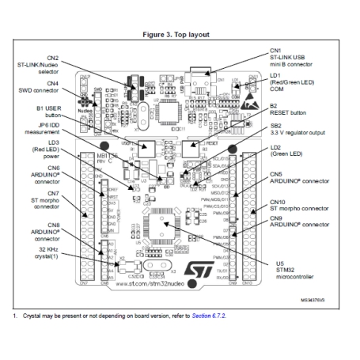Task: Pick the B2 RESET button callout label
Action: pos(295,108)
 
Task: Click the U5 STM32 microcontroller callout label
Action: pos(295,271)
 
